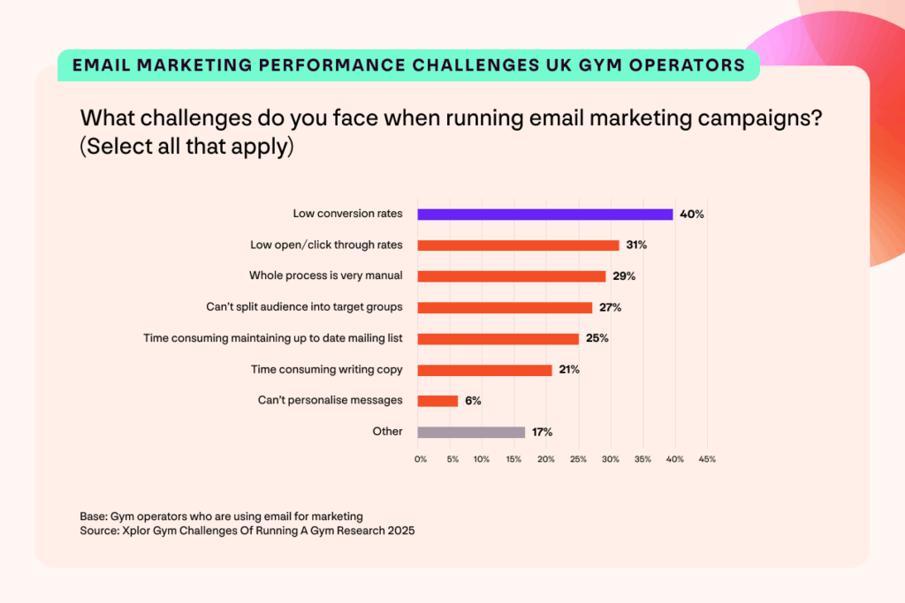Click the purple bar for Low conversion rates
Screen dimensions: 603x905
pos(544,214)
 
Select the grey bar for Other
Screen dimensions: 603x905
pos(471,432)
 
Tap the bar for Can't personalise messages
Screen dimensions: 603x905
pos(437,401)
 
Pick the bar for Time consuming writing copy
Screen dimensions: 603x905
pos(484,370)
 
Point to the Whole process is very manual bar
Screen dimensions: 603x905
pos(511,276)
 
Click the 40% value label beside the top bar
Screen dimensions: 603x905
pos(691,214)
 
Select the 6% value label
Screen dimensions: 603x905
pos(473,401)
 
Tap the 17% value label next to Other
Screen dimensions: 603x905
pos(541,432)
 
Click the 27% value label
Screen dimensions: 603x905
pos(610,307)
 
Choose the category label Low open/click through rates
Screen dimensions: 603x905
pos(326,245)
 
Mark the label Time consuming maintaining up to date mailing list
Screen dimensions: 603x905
pos(273,338)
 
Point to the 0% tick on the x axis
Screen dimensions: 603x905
pos(421,459)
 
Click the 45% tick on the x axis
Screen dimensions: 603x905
pos(707,459)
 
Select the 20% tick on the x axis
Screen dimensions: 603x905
pos(546,459)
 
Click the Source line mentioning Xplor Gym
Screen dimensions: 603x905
pos(247,531)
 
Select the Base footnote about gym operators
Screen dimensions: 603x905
pos(221,516)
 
